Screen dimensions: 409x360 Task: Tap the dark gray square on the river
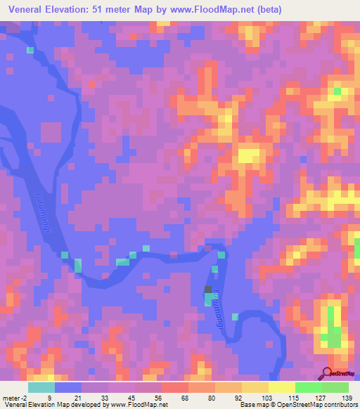coord(208,290)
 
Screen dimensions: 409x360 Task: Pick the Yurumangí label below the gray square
coord(224,303)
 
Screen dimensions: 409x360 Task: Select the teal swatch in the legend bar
coord(41,387)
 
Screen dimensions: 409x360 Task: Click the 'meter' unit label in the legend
coord(11,397)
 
